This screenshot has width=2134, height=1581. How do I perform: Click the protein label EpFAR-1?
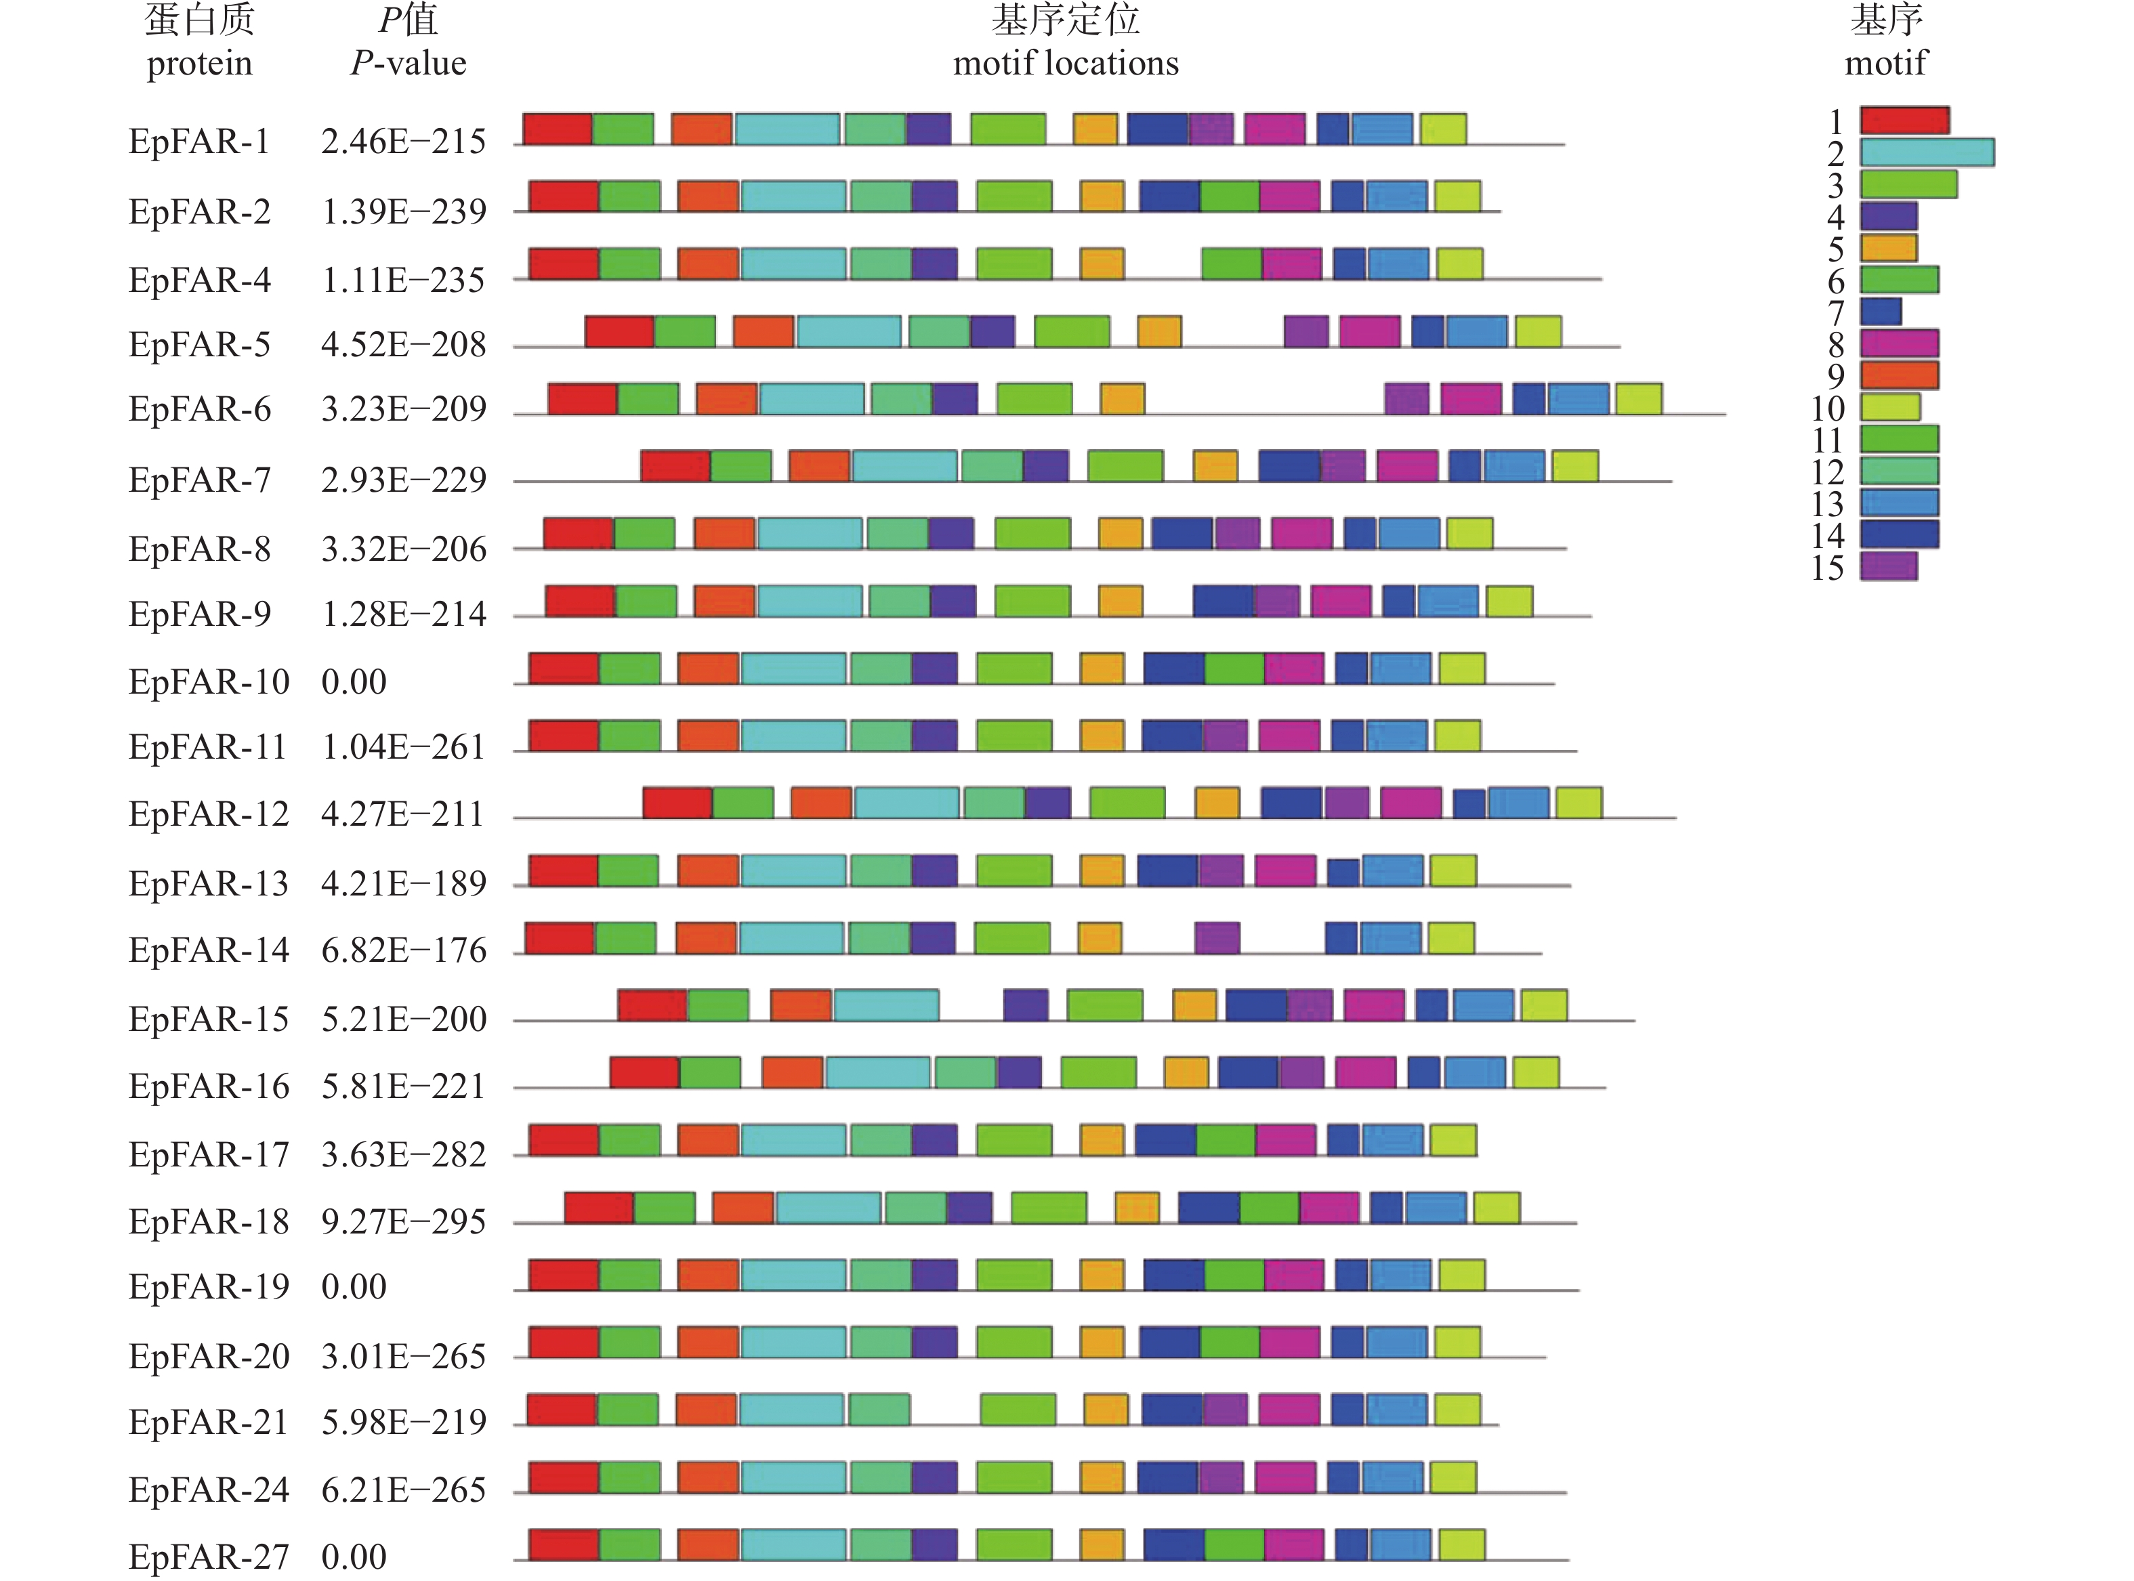point(199,142)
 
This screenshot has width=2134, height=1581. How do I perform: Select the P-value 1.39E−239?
point(403,211)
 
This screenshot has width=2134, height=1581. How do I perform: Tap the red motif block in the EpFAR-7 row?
point(675,466)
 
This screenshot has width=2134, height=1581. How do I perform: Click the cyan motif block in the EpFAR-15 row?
point(886,1005)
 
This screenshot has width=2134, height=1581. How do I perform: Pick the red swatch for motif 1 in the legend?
point(1904,121)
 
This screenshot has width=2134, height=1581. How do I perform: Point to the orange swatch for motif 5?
point(1888,248)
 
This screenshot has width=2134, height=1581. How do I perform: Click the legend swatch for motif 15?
point(1888,566)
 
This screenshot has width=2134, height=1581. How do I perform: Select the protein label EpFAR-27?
point(209,1556)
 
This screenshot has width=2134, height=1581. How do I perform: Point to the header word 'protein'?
point(199,64)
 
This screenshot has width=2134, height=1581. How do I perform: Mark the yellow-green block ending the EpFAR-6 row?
point(1638,399)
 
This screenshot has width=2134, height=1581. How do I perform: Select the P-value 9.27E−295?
point(403,1222)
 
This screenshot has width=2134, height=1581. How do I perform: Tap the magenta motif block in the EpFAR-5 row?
point(1369,331)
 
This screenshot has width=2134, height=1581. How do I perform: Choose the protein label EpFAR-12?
point(209,814)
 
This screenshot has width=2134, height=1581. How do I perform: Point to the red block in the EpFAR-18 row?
point(598,1208)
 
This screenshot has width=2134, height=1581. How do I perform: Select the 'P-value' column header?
point(409,63)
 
